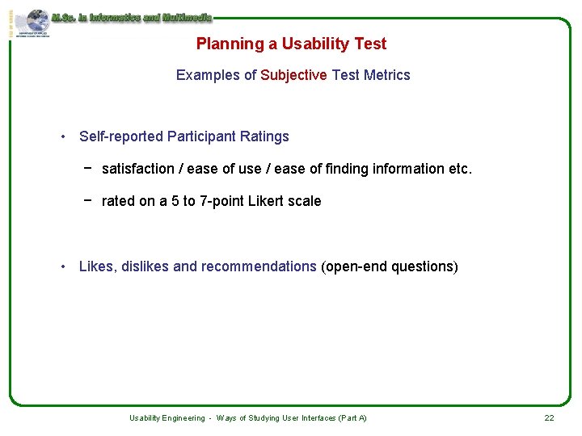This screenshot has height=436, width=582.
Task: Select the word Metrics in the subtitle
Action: pos(387,75)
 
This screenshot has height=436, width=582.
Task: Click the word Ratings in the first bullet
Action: pos(264,136)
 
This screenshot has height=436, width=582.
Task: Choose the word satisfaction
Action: pos(138,169)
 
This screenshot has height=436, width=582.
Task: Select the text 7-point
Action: pos(220,201)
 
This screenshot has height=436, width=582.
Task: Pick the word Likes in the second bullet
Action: pos(97,266)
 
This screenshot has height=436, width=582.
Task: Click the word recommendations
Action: pos(259,266)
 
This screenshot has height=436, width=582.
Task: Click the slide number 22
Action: pos(549,418)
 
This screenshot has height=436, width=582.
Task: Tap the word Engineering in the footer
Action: pos(185,418)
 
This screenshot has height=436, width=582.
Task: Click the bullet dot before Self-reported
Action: pos(63,136)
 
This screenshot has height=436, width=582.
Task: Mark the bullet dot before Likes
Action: pos(63,266)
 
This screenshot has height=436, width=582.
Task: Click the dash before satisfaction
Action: pos(86,168)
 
